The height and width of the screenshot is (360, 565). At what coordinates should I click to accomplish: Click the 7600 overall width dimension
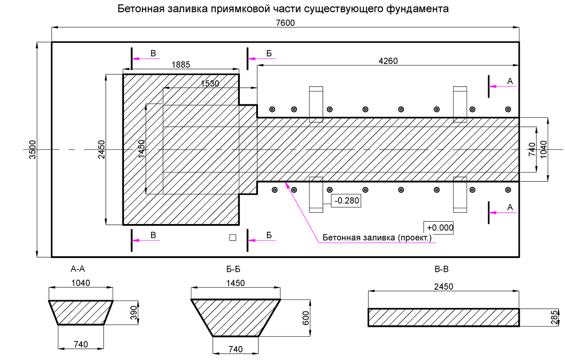285,23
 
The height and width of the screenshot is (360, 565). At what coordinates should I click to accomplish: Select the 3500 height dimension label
33,149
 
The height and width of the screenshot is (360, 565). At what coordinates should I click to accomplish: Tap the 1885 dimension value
181,65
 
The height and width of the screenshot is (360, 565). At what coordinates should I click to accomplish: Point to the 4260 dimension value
388,61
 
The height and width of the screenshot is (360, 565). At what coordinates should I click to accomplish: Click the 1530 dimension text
210,84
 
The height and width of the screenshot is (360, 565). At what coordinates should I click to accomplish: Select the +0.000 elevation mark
440,228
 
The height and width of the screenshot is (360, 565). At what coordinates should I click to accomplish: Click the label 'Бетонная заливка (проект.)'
377,238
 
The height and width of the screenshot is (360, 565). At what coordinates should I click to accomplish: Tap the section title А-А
78,269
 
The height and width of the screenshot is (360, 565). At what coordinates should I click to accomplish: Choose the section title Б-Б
233,269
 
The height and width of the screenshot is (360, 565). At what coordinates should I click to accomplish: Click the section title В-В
441,269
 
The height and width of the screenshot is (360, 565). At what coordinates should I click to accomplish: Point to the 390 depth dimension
134,313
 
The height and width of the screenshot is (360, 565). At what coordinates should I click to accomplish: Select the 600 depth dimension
306,318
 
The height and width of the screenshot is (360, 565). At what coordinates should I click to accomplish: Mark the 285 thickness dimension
554,317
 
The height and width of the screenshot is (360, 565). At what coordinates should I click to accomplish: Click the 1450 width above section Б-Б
235,283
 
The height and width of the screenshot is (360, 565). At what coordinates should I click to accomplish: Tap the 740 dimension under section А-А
81,344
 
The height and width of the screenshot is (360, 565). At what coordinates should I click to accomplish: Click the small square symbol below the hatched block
233,238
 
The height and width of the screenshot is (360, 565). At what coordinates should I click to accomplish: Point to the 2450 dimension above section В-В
444,287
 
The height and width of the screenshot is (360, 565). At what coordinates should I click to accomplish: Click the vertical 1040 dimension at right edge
544,149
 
